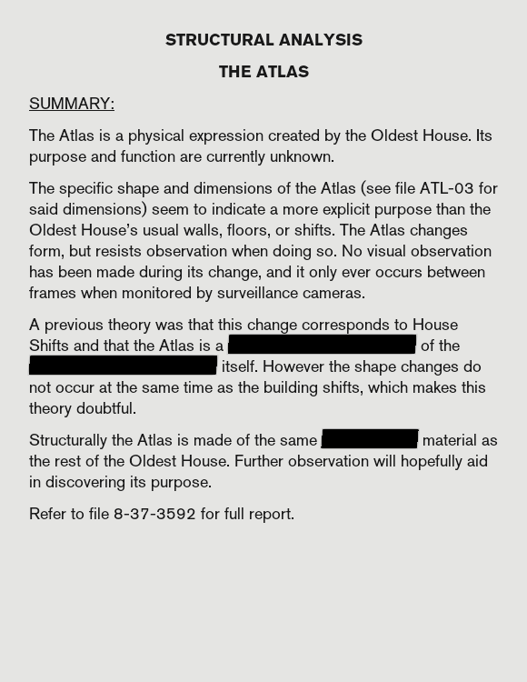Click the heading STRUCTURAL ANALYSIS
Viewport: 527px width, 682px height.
point(263,40)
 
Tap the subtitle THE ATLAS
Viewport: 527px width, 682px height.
point(263,72)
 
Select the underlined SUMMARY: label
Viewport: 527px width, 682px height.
point(72,104)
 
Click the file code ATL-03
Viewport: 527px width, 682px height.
point(446,188)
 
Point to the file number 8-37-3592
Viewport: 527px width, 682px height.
point(154,514)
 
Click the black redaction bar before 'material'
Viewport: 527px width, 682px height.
point(369,440)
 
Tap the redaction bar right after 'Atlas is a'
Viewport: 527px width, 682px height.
point(322,346)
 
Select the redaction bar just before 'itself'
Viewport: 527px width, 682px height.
point(123,366)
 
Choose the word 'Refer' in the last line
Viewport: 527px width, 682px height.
point(47,514)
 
